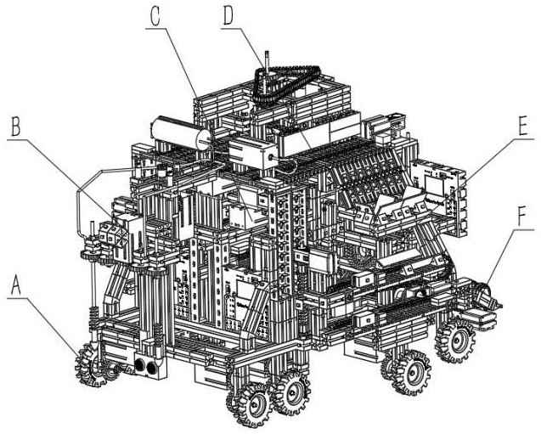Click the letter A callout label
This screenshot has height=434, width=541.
[16, 285]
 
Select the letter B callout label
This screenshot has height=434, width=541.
[15, 127]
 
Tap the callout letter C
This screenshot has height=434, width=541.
[155, 17]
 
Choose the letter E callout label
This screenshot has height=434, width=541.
[522, 126]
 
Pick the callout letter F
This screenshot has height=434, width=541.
[521, 217]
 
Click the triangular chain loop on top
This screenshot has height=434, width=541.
[285, 82]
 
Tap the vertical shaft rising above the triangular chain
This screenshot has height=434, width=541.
[267, 62]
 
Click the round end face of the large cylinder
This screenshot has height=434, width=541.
[203, 139]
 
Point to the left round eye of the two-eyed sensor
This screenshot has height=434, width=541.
[140, 365]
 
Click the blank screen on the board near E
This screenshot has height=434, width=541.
[434, 186]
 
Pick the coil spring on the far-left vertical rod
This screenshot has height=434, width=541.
[93, 314]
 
